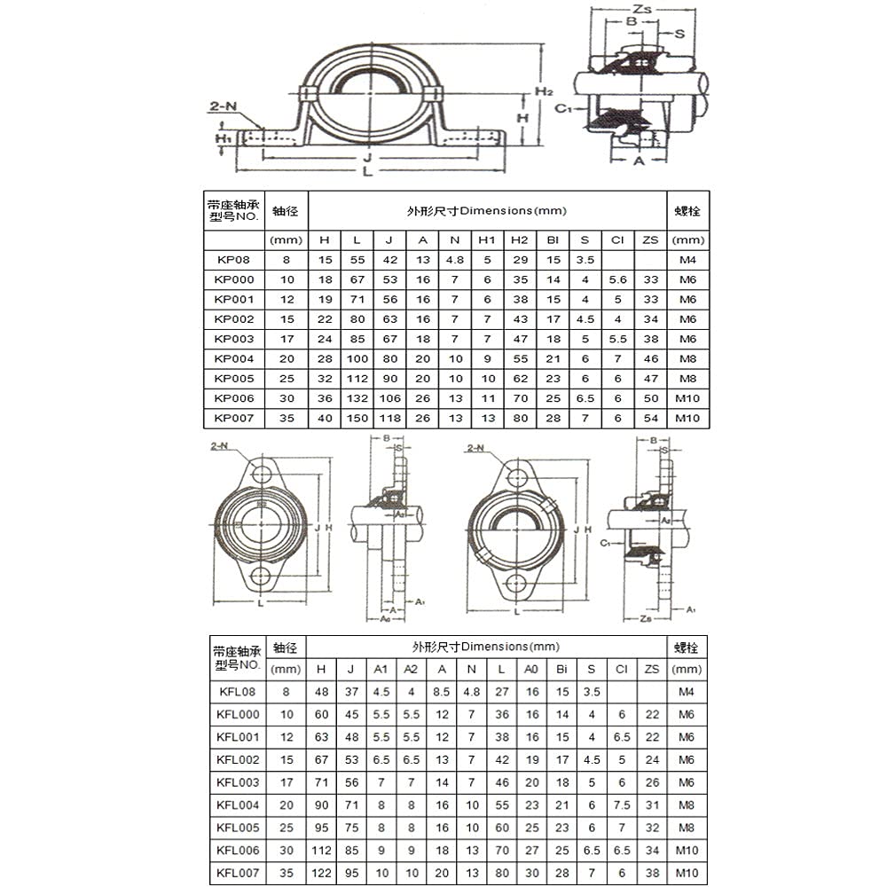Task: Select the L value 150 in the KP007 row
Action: pyautogui.click(x=357, y=419)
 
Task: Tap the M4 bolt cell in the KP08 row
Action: pyautogui.click(x=687, y=260)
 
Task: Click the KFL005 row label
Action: pyautogui.click(x=238, y=827)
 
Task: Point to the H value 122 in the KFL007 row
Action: pyautogui.click(x=321, y=874)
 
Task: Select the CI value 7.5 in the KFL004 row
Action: pyautogui.click(x=621, y=805)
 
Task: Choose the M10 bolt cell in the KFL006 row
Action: pyautogui.click(x=687, y=850)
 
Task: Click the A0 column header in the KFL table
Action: pyautogui.click(x=530, y=670)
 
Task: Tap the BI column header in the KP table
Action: pyautogui.click(x=552, y=239)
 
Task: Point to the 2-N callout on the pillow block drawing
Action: pyautogui.click(x=223, y=106)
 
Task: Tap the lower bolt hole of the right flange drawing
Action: pyautogui.click(x=515, y=583)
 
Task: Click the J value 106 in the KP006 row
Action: pyautogui.click(x=389, y=399)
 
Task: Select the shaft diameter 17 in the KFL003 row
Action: pyautogui.click(x=286, y=782)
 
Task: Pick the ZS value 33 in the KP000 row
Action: pyautogui.click(x=650, y=280)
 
